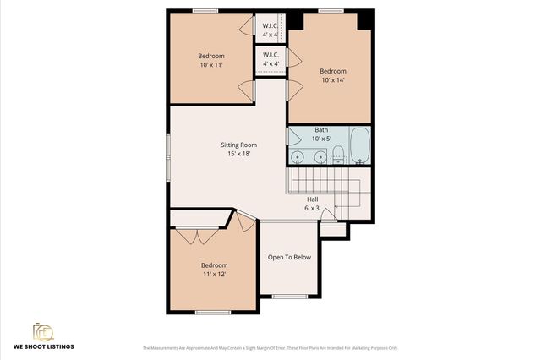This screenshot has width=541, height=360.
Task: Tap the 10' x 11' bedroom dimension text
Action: click(211, 65)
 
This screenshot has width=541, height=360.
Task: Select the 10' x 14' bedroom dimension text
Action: click(332, 80)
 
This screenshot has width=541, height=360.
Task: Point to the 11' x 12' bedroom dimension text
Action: click(214, 274)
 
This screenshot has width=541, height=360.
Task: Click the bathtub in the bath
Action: click(359, 146)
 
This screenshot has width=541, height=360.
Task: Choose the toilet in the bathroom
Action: click(337, 154)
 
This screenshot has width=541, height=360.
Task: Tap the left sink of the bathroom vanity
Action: click(298, 157)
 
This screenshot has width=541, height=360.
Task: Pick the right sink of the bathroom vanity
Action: click(320, 157)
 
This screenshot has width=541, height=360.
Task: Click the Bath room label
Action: click(321, 130)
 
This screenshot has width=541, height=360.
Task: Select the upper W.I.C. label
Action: click(270, 25)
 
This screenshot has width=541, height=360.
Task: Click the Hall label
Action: click(313, 199)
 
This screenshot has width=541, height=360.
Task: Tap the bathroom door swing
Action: click(293, 136)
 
